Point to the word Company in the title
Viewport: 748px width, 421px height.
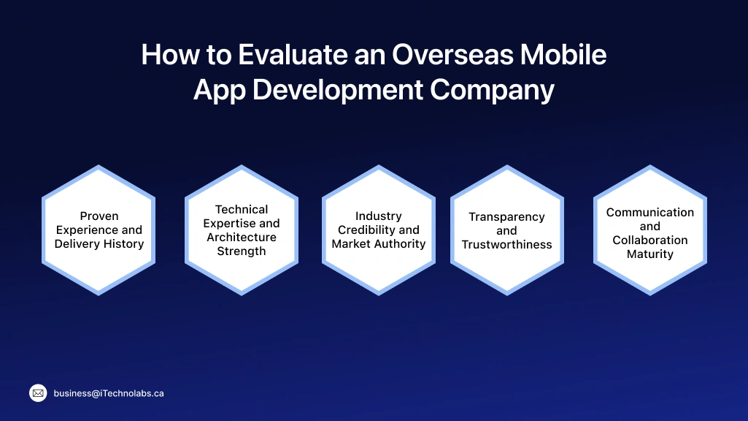492,91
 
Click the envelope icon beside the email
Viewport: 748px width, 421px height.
38,393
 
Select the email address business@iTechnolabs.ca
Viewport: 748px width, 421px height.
109,393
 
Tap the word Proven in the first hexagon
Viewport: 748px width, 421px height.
99,216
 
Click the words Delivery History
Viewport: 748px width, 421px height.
99,244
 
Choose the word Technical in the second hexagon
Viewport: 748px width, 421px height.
242,210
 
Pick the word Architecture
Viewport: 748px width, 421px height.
242,238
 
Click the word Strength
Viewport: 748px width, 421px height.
242,251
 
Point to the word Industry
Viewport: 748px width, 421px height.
379,216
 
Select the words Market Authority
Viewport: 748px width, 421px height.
379,244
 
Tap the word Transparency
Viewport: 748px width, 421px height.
506,217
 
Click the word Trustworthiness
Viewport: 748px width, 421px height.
506,245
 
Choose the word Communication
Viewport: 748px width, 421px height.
650,213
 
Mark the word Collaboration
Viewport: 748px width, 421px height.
650,240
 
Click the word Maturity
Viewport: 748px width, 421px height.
650,254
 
